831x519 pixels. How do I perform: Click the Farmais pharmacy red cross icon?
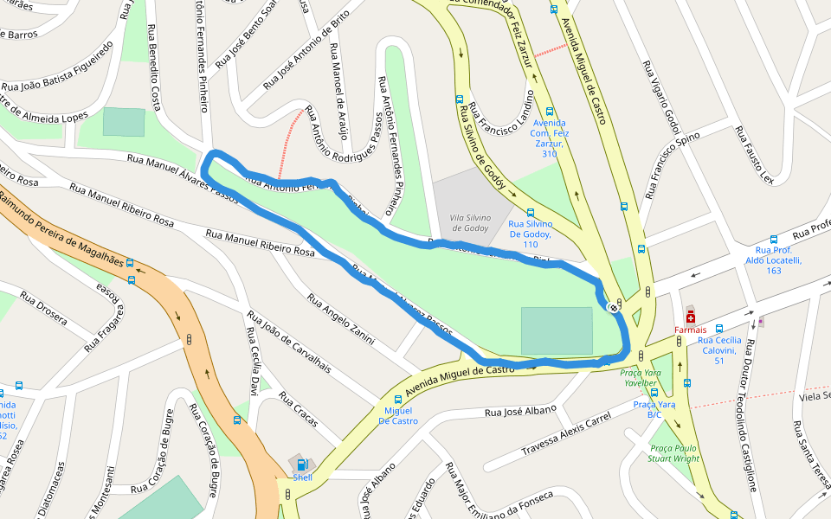(x=690, y=317)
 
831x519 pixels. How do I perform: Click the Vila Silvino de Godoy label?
(x=470, y=222)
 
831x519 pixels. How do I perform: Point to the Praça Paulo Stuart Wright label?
(x=674, y=453)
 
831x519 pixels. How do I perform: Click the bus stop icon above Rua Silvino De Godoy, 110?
(x=530, y=212)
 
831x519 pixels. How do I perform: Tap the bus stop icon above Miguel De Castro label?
(x=397, y=400)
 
